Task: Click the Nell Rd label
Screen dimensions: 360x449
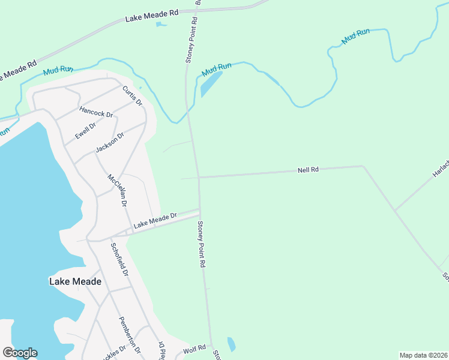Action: [x=308, y=170]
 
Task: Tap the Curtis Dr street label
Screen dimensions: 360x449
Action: [x=132, y=97]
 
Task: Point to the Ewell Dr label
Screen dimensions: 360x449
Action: [x=85, y=130]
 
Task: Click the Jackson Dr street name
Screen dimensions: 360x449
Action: [x=109, y=143]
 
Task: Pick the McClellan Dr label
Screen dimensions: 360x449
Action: [x=117, y=190]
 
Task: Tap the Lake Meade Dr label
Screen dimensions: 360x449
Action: [x=155, y=220]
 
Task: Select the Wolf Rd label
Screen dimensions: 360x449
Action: [x=194, y=347]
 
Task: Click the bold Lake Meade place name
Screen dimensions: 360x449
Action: [x=75, y=281]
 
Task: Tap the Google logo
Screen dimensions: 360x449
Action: [x=20, y=353]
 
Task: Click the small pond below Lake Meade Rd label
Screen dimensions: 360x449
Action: [x=160, y=25]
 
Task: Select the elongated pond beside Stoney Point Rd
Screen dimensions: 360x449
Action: [x=211, y=83]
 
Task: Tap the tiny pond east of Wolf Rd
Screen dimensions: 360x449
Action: [x=232, y=345]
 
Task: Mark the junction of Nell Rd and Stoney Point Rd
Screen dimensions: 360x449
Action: [x=199, y=177]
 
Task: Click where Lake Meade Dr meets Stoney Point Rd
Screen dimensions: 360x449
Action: [x=200, y=211]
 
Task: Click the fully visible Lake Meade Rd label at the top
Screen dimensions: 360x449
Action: [x=152, y=16]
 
